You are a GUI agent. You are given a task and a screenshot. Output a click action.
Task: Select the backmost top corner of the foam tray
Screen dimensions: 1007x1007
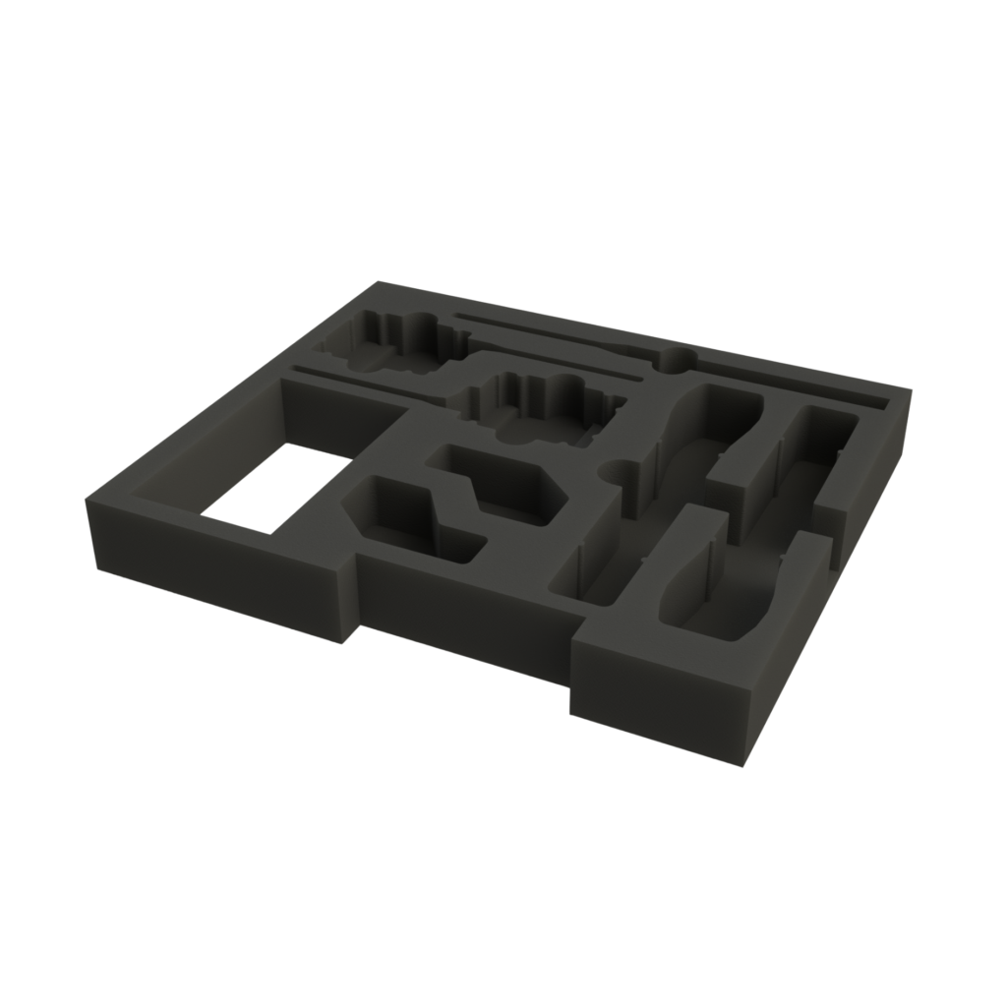[379, 282]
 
